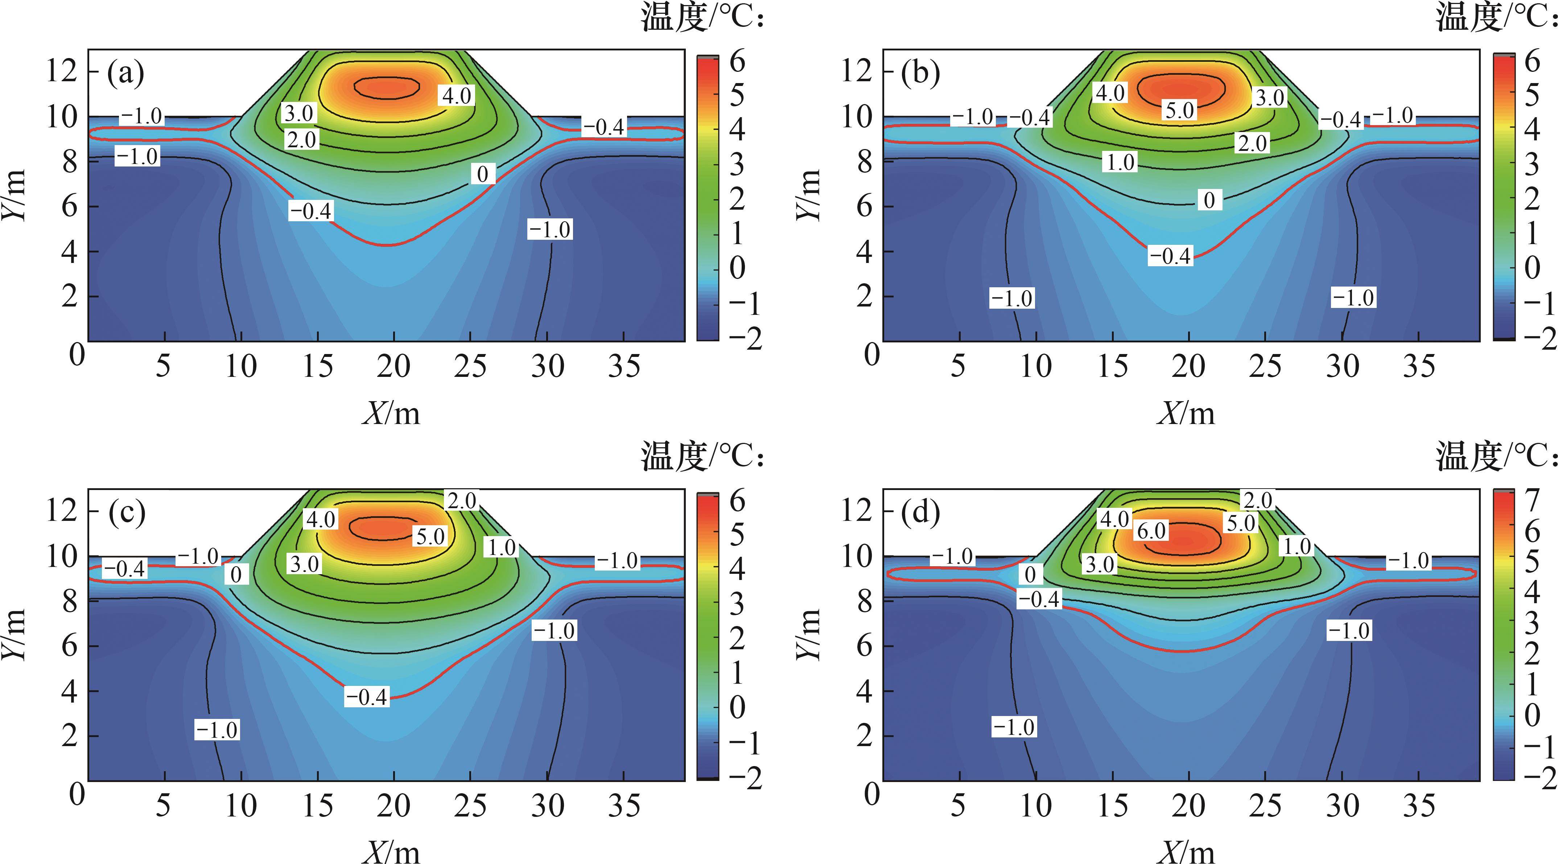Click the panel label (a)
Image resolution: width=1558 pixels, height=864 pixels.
pos(126,74)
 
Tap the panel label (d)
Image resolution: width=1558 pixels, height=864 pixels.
pos(920,513)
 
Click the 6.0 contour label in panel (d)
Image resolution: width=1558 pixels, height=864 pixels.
pos(1151,531)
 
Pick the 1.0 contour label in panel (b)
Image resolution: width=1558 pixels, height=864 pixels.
pos(1121,162)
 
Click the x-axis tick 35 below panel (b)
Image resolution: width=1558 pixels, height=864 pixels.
pos(1418,367)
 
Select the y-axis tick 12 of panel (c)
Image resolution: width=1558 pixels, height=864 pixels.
pos(62,511)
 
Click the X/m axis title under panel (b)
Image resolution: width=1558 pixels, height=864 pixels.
pos(1186,414)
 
